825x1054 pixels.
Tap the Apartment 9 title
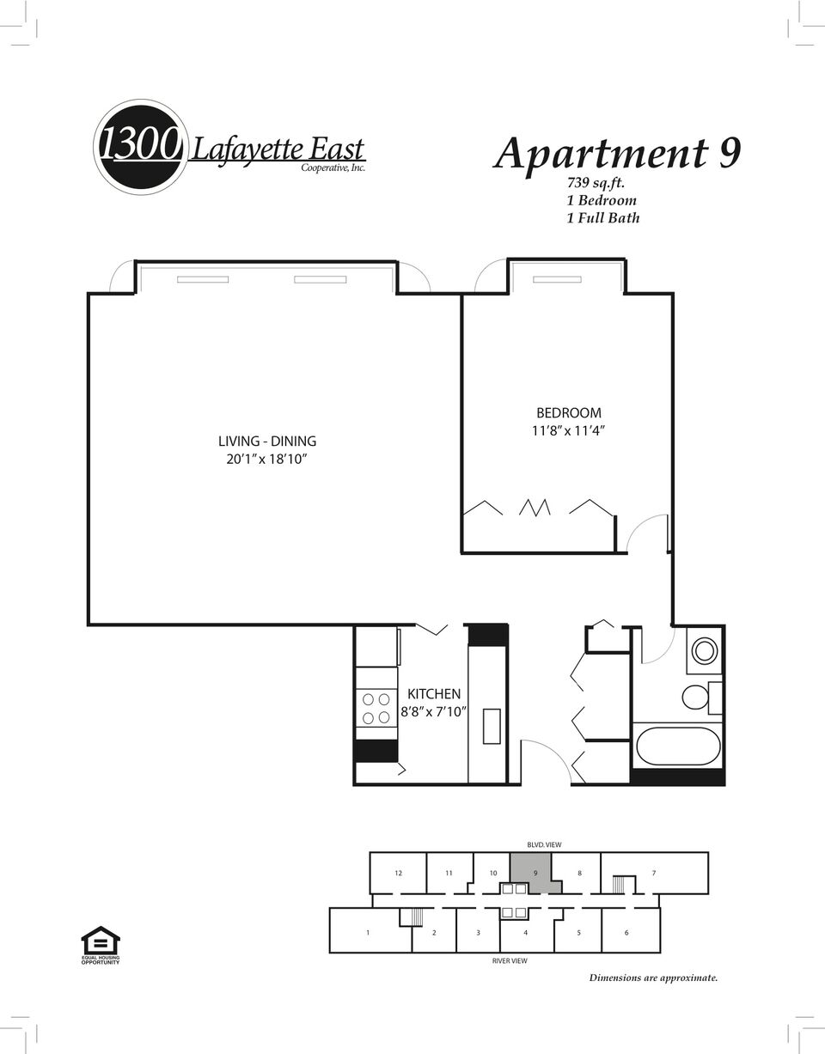point(617,153)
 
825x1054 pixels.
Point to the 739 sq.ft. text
point(596,183)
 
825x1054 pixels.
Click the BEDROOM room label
point(568,413)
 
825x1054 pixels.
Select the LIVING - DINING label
point(267,441)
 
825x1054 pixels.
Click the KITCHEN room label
point(434,693)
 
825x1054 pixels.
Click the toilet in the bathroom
point(696,697)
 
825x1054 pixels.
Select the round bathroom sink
point(704,651)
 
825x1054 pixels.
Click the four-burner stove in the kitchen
point(376,708)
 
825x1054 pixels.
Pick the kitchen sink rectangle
point(492,726)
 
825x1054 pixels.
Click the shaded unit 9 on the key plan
point(535,873)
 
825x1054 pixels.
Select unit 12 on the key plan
point(398,873)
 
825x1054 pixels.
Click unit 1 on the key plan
point(368,931)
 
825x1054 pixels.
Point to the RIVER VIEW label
point(510,960)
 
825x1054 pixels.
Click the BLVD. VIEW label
point(544,844)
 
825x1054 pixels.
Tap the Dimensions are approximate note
point(653,978)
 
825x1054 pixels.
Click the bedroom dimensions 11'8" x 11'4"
point(569,430)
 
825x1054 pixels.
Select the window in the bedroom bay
point(557,279)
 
